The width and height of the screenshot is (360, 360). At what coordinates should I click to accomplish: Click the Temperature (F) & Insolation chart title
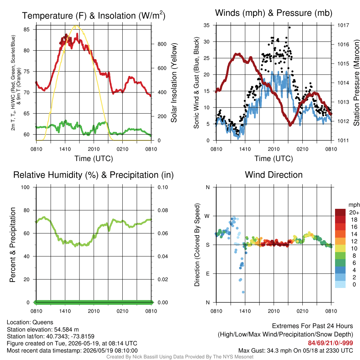pos(94,15)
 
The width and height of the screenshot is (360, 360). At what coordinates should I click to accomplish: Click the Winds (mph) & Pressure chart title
pos(274,13)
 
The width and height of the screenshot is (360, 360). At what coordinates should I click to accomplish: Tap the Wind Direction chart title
pos(274,175)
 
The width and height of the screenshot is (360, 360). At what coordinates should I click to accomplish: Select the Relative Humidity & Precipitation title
pos(94,175)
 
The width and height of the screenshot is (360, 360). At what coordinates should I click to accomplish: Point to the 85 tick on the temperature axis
pos(27,30)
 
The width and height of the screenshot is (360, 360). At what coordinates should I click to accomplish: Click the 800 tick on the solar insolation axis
pos(162,44)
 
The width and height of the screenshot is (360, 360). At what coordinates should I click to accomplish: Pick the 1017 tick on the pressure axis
pos(343,25)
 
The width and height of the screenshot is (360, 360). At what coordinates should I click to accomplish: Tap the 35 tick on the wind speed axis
pos(207,25)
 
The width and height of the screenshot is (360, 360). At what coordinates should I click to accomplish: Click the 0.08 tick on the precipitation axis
pos(163,210)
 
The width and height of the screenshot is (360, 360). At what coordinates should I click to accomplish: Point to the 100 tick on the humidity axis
pos(25,187)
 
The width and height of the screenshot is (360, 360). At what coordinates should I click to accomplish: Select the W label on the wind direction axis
pos(207,216)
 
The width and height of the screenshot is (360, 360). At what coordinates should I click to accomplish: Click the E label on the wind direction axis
pos(207,274)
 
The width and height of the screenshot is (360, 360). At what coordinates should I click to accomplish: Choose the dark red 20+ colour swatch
pos(340,212)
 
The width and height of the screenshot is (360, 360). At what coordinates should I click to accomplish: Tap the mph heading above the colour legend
pos(354,205)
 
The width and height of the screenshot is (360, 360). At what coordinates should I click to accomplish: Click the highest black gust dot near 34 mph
pos(290,27)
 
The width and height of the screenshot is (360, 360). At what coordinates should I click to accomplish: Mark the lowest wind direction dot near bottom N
pos(243,292)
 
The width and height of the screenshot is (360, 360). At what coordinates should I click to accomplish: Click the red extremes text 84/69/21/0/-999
pos(330,343)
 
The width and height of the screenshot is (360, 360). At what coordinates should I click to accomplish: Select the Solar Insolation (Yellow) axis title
pos(174,83)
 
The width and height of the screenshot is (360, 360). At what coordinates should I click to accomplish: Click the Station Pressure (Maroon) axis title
pos(356,83)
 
